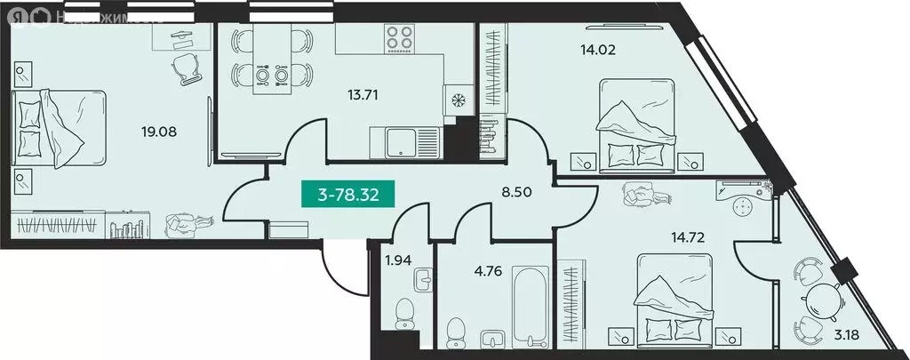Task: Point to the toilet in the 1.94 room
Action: tap(405, 314)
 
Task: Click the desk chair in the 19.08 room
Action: tap(185, 67)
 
